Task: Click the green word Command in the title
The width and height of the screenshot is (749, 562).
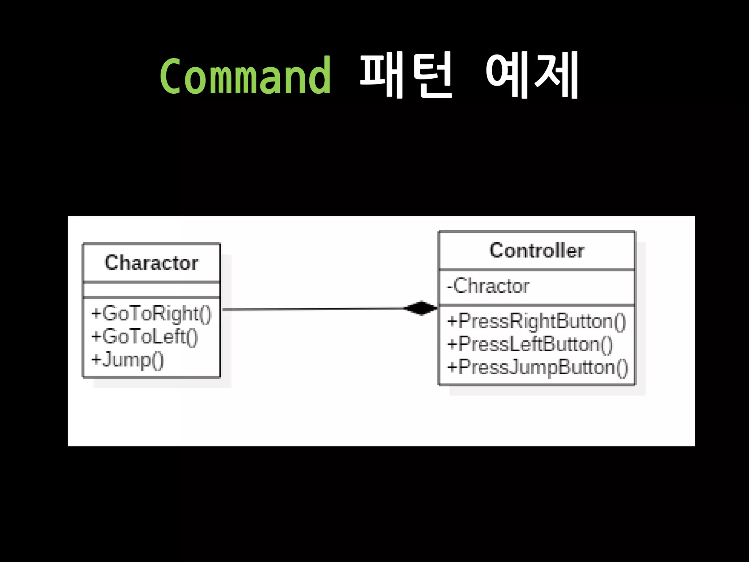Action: point(245,76)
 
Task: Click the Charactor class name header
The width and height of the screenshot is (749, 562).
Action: point(151,263)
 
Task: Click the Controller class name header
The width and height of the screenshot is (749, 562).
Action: point(537,251)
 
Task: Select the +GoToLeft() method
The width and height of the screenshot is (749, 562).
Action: point(144,337)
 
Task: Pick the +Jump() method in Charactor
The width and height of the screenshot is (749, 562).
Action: point(128,360)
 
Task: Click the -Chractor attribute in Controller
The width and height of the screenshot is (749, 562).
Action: point(488,286)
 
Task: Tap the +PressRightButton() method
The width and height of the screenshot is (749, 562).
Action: point(537,321)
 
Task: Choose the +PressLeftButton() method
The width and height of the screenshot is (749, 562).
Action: point(530,344)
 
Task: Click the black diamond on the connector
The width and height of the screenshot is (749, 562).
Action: point(421,308)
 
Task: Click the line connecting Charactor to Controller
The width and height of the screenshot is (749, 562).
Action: point(311,309)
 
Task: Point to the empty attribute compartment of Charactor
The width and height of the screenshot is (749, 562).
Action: point(151,290)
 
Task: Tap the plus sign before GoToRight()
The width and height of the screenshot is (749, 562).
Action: point(96,314)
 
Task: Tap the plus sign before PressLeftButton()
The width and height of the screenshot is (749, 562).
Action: point(452,345)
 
